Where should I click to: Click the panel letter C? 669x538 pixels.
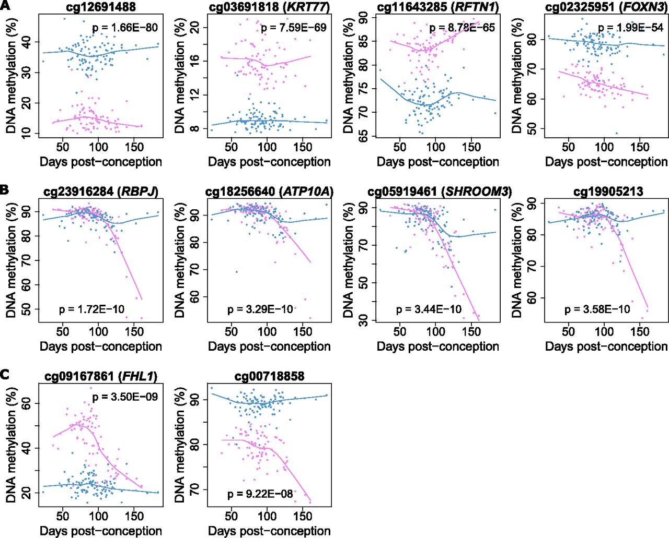[5, 374]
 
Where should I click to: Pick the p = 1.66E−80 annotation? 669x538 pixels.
[125, 27]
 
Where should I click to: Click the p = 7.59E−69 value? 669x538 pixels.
[294, 27]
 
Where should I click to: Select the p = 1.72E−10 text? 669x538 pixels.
[91, 309]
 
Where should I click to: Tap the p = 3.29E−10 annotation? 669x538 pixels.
[260, 309]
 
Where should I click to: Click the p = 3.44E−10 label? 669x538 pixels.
[429, 309]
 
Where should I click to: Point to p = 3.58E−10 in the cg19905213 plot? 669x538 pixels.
[597, 309]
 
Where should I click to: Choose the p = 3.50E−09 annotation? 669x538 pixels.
[125, 397]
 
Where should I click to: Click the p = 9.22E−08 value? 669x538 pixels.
[260, 493]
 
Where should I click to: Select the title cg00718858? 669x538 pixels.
[269, 376]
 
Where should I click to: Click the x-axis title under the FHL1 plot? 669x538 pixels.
[101, 531]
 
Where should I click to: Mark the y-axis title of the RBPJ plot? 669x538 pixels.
[11, 260]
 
